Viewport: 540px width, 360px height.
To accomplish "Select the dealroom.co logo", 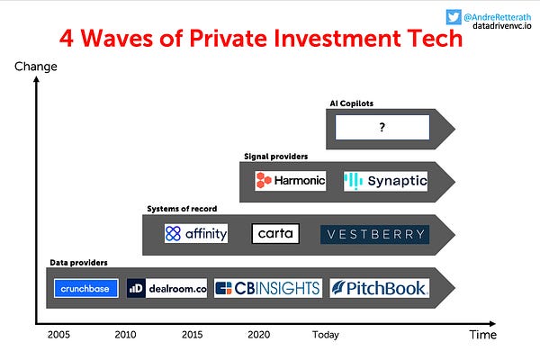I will tap(167, 289).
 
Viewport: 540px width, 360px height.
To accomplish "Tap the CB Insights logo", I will tap(267, 289).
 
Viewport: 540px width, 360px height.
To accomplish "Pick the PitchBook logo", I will tap(379, 289).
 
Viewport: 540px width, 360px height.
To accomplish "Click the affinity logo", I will tap(196, 234).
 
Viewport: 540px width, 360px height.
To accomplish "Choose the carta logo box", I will tap(274, 234).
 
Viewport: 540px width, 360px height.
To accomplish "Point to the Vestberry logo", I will tap(374, 235).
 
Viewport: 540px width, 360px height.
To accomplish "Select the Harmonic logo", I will tap(290, 181).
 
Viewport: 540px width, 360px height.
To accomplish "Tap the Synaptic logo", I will tap(385, 181).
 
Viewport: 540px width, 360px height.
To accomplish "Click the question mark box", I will tap(382, 128).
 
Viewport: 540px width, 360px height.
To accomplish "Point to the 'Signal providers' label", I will tap(275, 156).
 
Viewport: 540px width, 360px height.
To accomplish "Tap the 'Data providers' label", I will tap(78, 262).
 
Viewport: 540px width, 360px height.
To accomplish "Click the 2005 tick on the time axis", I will tap(60, 334).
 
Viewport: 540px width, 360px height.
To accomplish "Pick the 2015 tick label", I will tap(193, 334).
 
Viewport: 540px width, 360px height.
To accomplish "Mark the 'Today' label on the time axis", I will tap(325, 334).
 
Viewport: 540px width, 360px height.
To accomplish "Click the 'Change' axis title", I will tap(36, 66).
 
